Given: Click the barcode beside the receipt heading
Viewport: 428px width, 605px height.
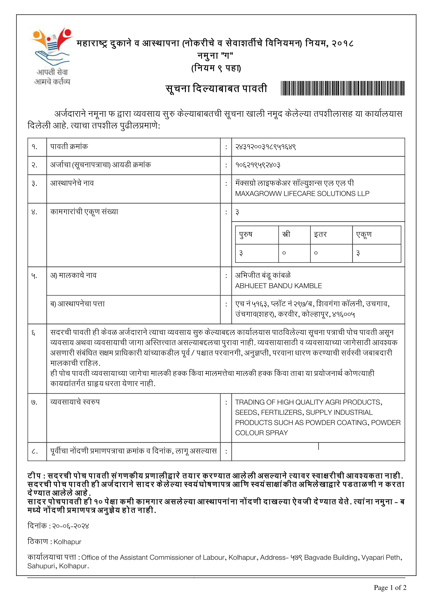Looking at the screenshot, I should click(343, 88).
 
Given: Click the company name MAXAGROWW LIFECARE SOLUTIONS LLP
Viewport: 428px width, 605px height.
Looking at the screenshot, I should click(302, 194).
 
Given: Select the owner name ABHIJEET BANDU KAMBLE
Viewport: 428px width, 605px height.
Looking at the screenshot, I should click(278, 286).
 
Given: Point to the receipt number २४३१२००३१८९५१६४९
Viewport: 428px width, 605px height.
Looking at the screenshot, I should click(265, 147).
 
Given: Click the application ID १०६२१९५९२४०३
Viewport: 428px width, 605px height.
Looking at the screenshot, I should click(258, 165).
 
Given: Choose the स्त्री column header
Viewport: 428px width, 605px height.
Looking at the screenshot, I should click(286, 234).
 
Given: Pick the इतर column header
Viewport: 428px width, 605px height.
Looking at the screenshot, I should click(320, 234).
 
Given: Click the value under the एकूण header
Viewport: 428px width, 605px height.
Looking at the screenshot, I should click(358, 253).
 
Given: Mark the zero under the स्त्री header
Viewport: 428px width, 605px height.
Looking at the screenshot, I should click(284, 253).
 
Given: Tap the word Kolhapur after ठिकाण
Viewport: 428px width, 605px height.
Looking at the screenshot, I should click(67, 542).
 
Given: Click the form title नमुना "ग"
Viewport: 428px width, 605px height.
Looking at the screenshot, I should click(215, 56).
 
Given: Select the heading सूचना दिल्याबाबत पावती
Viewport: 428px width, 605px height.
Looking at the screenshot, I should click(216, 88).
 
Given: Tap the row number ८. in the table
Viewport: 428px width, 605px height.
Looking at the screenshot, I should click(34, 451).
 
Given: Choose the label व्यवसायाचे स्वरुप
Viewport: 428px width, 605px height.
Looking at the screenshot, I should click(75, 402).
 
